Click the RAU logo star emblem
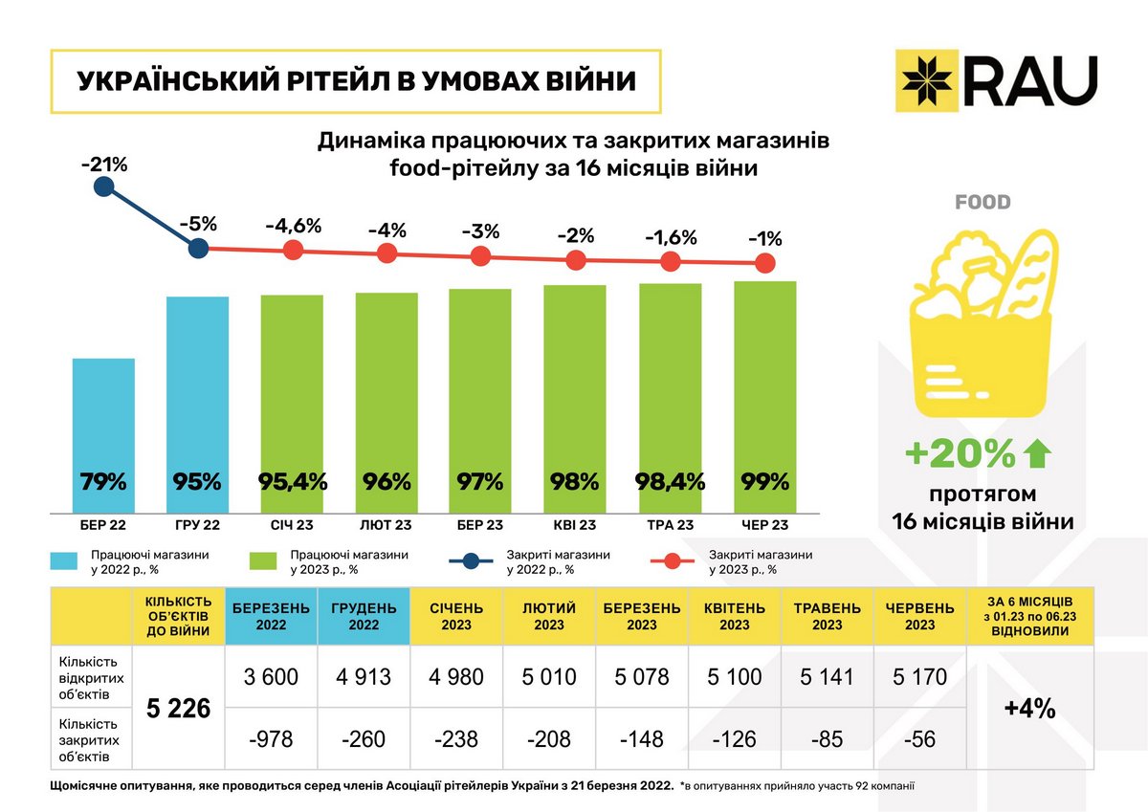[928, 78]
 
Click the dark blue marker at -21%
[104, 187]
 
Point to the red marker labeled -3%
[481, 255]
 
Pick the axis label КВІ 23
[575, 525]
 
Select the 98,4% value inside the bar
[671, 481]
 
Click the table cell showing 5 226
[178, 710]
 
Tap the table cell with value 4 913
[364, 677]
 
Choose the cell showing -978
[271, 738]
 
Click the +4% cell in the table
[1029, 709]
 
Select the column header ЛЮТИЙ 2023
[549, 616]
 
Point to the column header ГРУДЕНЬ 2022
[364, 616]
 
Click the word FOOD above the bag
[982, 203]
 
